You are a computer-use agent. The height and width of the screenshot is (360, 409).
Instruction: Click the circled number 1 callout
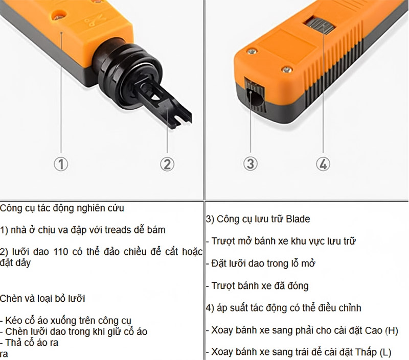[61, 164]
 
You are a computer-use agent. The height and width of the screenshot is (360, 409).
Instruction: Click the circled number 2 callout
[167, 164]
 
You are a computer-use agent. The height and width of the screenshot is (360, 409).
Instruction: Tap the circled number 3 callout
[249, 163]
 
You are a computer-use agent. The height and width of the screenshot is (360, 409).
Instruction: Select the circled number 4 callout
[323, 164]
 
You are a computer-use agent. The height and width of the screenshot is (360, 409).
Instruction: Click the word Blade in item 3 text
[298, 219]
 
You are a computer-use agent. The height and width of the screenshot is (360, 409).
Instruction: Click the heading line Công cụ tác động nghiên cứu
[62, 208]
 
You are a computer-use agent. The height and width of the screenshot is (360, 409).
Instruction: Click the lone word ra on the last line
[4, 354]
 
